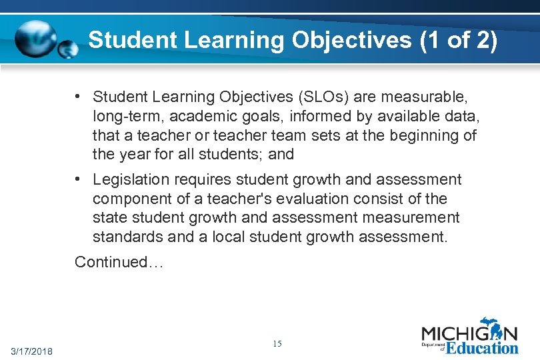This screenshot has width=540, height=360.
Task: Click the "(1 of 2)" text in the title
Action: (459, 40)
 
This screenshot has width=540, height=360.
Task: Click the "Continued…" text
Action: (119, 262)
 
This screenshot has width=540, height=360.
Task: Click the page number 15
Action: (277, 344)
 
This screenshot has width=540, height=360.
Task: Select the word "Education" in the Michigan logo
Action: (481, 348)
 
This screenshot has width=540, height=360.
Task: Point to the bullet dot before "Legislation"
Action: (79, 179)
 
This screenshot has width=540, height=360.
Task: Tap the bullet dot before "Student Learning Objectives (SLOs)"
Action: (79, 97)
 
